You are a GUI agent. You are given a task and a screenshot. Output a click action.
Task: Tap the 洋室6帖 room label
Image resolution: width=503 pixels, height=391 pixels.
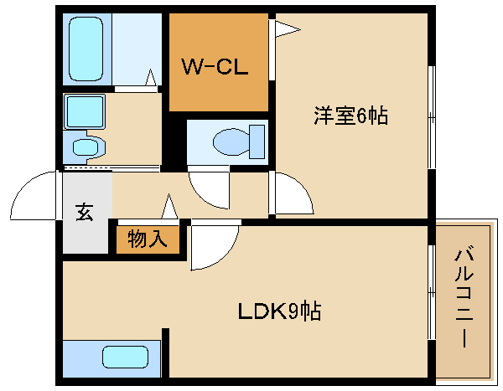coord(350,116)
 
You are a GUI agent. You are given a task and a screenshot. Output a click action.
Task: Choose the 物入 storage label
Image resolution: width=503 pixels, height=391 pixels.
coord(148,239)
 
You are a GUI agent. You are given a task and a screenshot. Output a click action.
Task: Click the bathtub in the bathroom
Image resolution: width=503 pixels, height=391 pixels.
coord(86,48)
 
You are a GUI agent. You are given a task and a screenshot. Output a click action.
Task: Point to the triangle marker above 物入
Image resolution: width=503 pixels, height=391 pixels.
coord(170,206)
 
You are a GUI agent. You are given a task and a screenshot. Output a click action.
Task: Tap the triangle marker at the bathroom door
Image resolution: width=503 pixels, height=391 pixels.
coord(151,79)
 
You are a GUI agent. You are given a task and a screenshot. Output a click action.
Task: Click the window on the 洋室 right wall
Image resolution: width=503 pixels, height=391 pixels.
coord(431,116)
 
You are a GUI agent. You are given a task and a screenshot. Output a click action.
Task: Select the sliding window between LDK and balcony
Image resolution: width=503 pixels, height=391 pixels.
coord(431,301)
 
